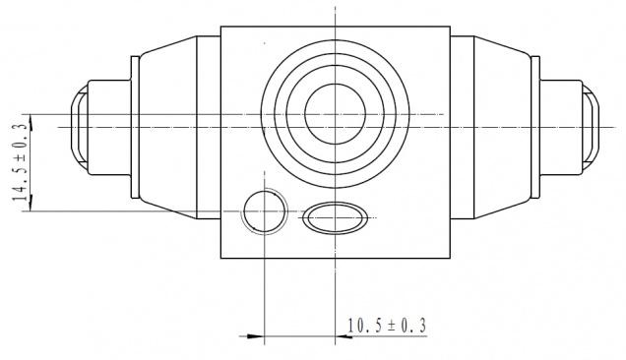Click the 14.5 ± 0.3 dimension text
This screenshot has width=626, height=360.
pos(21,162)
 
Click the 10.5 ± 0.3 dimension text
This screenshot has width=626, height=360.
pos(387,326)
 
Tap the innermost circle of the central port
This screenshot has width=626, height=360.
pos(336,114)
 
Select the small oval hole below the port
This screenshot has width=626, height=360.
pos(335,218)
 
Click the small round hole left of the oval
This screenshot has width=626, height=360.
pos(265,211)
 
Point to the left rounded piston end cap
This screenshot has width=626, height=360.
pos(79,128)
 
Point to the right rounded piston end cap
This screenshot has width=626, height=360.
pos(591,128)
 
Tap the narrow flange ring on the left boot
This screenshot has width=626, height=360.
pos(136,127)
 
